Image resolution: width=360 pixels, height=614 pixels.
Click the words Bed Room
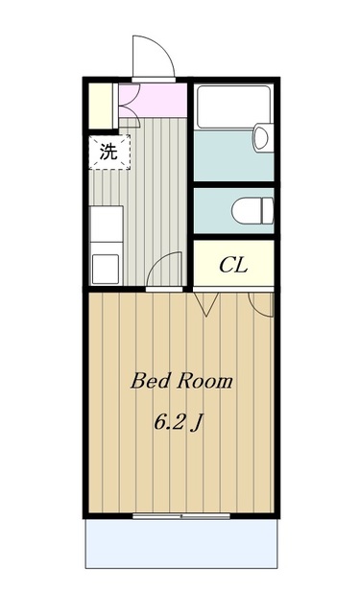(181, 382)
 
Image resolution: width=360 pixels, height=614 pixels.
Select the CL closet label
(234, 265)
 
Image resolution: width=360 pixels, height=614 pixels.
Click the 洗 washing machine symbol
(108, 151)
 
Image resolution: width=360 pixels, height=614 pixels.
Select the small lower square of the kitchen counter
(106, 267)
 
